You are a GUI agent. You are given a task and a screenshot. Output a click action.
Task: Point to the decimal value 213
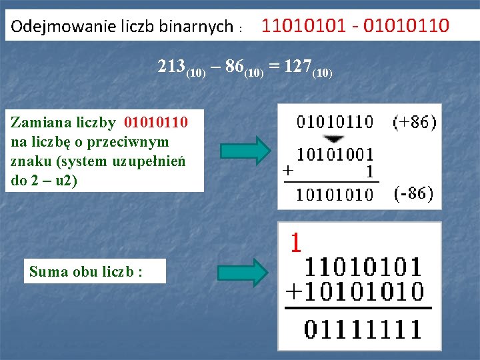[172, 67]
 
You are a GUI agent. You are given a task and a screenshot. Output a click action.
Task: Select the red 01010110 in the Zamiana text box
[155, 123]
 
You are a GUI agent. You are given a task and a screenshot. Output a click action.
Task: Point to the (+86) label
[414, 122]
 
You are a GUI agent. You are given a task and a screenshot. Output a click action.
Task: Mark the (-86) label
[413, 193]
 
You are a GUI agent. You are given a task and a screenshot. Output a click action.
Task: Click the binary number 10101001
[335, 155]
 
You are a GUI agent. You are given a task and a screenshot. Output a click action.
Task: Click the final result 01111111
[363, 329]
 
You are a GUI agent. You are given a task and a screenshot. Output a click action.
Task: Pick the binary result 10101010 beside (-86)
[335, 194]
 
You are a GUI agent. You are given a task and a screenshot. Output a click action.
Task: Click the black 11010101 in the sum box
[363, 268]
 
